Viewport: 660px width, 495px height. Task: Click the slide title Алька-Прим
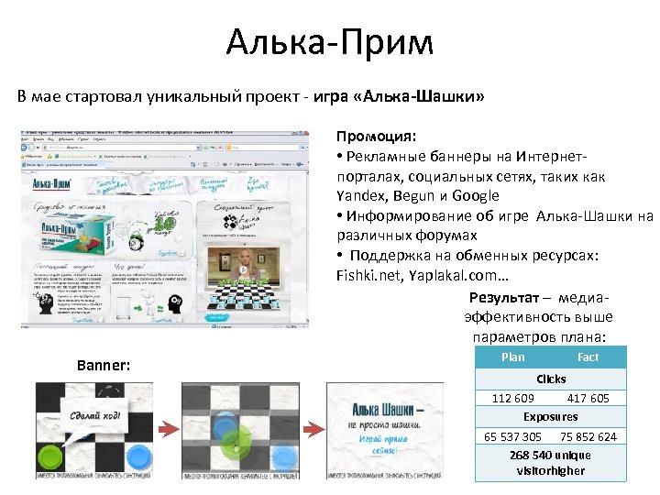pyautogui.click(x=329, y=42)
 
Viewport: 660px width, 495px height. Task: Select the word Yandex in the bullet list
pyautogui.click(x=360, y=195)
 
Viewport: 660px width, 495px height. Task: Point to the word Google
pyautogui.click(x=472, y=195)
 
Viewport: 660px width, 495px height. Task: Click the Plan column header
pyautogui.click(x=513, y=357)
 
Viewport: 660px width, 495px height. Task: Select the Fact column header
pyautogui.click(x=588, y=357)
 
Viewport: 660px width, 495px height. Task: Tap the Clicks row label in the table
pyautogui.click(x=551, y=379)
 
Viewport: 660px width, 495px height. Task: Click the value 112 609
pyautogui.click(x=512, y=398)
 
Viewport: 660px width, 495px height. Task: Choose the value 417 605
pyautogui.click(x=588, y=398)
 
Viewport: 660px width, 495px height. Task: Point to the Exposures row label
pyautogui.click(x=551, y=417)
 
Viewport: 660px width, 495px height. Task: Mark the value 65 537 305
pyautogui.click(x=512, y=436)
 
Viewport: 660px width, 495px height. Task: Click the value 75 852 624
pyautogui.click(x=588, y=436)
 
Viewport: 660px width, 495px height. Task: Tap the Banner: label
pyautogui.click(x=104, y=366)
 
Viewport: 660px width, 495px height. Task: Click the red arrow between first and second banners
pyautogui.click(x=168, y=429)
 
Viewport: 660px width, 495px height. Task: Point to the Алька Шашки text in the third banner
pyautogui.click(x=381, y=410)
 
